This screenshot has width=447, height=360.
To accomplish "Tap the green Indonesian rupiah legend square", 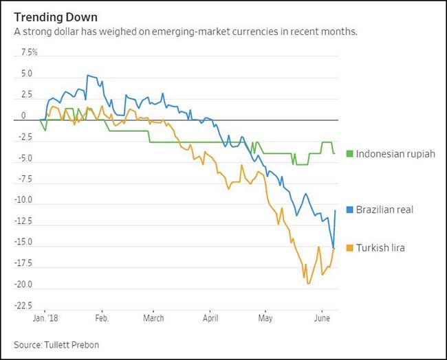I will click(x=350, y=153).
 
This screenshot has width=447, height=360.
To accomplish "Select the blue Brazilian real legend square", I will click(x=350, y=210).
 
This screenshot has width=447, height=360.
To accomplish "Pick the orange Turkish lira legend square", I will click(x=350, y=247).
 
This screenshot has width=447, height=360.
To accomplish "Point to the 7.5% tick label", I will click(x=29, y=52).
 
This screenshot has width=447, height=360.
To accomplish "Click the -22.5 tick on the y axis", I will click(x=27, y=306).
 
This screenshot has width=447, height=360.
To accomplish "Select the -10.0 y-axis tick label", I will click(x=27, y=200).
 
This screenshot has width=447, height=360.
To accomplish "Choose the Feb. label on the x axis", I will click(x=101, y=319).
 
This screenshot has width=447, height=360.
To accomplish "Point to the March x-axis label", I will click(x=153, y=319).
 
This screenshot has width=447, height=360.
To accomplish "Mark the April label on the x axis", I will click(x=210, y=319).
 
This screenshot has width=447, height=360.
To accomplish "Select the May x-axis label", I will click(x=265, y=319).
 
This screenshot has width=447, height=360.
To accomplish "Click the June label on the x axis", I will click(x=321, y=319).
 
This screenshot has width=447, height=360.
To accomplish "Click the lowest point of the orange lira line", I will click(x=308, y=283).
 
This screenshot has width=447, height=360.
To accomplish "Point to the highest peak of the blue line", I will click(x=88, y=76).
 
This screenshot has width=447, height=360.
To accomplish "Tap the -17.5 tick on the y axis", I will click(x=27, y=263).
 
